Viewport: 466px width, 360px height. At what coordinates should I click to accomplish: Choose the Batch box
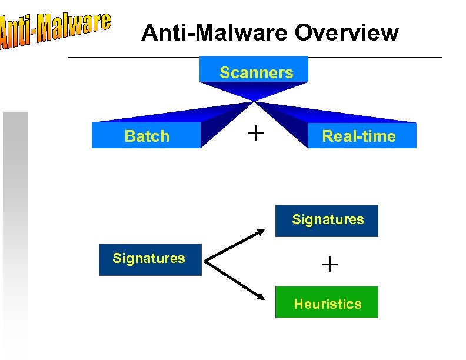(147, 136)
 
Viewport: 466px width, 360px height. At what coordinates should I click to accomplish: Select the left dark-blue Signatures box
(149, 259)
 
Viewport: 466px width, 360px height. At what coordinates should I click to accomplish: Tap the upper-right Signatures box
(327, 221)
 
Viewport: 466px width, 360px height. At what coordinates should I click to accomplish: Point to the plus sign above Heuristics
(330, 265)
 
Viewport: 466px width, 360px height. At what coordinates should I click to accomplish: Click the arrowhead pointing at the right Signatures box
(261, 233)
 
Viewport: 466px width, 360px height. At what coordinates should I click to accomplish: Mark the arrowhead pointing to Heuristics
(261, 297)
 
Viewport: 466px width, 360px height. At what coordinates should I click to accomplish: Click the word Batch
(147, 136)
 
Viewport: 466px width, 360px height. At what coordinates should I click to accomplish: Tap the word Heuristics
(328, 304)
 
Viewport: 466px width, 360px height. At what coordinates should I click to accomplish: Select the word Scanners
(256, 73)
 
